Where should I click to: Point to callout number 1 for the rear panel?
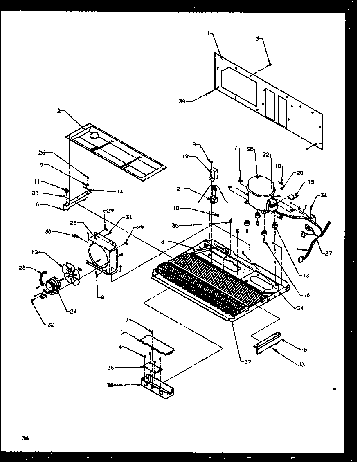click(x=209, y=34)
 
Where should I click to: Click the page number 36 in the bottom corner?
click(x=25, y=438)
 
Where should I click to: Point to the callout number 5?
click(x=122, y=332)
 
